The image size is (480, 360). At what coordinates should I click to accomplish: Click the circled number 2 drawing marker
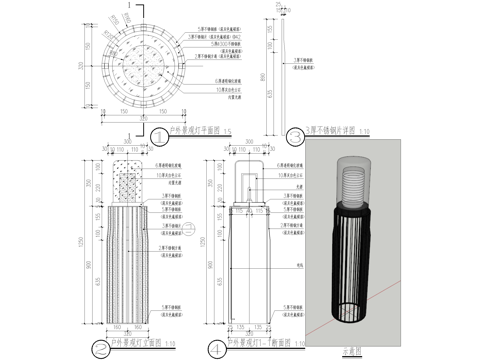pyautogui.click(x=101, y=348)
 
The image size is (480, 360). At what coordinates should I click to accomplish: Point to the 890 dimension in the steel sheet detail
pyautogui.click(x=263, y=75)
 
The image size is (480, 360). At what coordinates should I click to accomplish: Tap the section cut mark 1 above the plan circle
pyautogui.click(x=130, y=6)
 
